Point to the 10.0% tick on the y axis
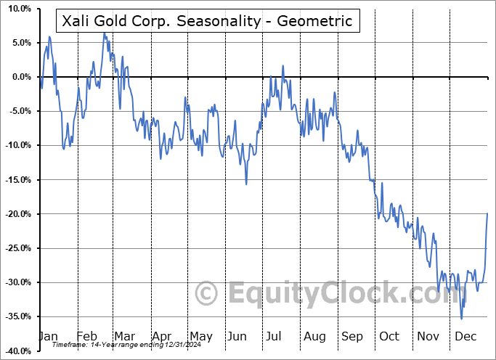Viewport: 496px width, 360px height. click(17, 9)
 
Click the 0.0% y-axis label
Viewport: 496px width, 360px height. click(20, 77)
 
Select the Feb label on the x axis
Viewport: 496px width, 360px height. click(86, 337)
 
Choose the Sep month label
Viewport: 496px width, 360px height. click(352, 337)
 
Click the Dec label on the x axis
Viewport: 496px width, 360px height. click(465, 337)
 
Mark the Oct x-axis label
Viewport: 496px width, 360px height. click(390, 337)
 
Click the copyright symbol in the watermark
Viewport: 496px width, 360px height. click(208, 293)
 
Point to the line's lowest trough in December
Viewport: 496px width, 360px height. click(461, 319)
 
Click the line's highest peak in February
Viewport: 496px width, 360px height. click(104, 33)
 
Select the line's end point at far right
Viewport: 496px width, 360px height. click(487, 213)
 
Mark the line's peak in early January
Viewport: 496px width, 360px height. click(49, 36)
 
